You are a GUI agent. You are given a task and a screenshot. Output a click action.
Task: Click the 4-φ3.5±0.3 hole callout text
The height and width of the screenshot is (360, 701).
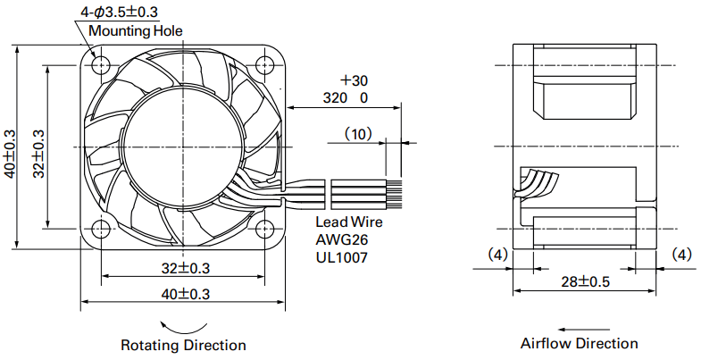pyautogui.click(x=119, y=12)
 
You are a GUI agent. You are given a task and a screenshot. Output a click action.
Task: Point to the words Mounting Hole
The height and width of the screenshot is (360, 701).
pyautogui.click(x=136, y=31)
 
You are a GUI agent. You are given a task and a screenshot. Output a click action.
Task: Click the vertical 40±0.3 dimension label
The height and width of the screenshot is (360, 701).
pyautogui.click(x=10, y=154)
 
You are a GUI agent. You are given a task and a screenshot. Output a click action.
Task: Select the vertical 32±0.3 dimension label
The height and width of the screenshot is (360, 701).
pyautogui.click(x=38, y=154)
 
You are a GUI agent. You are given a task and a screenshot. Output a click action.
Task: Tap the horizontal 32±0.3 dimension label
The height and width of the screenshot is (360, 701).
pyautogui.click(x=186, y=268)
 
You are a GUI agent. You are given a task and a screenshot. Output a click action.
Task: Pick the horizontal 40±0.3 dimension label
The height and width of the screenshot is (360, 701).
pyautogui.click(x=186, y=294)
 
